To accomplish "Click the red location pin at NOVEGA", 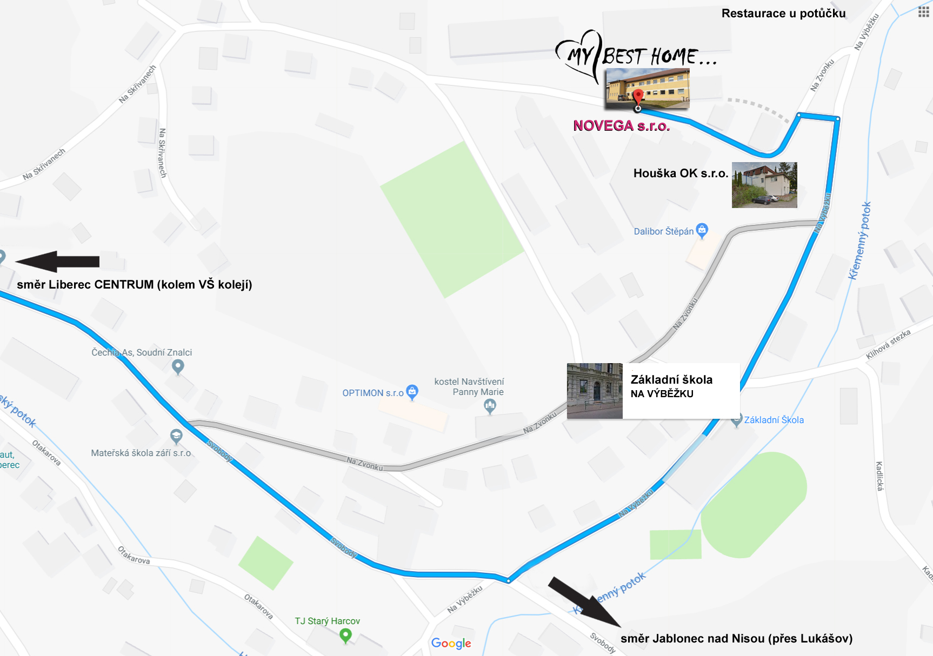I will coord(638,97).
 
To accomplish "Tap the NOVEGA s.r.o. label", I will coord(622,126).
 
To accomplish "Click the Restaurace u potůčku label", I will coord(783,14).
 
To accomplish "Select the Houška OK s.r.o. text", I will coord(681,173).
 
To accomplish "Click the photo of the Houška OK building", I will coord(764,185).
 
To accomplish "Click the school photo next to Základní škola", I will coord(595,391).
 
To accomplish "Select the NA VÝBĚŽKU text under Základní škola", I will coord(662,394).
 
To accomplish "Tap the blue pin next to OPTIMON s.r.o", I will coord(412,392).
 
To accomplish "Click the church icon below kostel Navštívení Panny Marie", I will coord(490,405).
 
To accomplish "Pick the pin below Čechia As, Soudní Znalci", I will coord(178,367).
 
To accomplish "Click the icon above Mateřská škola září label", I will coord(176,436).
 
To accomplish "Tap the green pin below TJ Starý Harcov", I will coord(345,636).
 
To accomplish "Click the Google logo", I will coord(451,643).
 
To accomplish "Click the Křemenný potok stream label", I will coord(859,240).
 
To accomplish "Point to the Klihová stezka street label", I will coord(888,344).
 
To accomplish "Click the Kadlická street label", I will coord(879,476).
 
